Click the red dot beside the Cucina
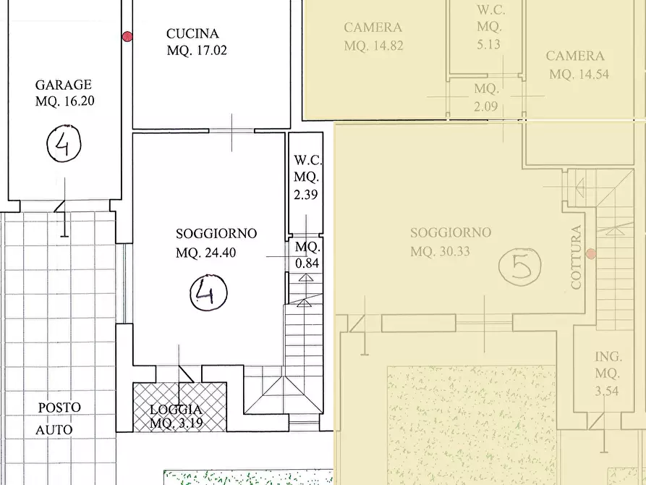[x=127, y=37]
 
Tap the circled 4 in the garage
[x=64, y=143]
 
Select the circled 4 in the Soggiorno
[x=208, y=292]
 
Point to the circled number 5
[x=519, y=267]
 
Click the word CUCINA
[x=192, y=33]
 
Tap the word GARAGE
[x=64, y=85]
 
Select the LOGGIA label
[x=176, y=410]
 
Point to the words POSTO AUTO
[x=57, y=418]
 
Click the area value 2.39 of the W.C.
[x=306, y=194]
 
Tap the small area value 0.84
[x=307, y=263]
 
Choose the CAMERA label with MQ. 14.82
[x=373, y=28]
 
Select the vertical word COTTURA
[x=576, y=258]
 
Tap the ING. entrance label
[x=608, y=356]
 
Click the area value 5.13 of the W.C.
[x=488, y=44]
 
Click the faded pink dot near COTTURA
[x=591, y=253]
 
